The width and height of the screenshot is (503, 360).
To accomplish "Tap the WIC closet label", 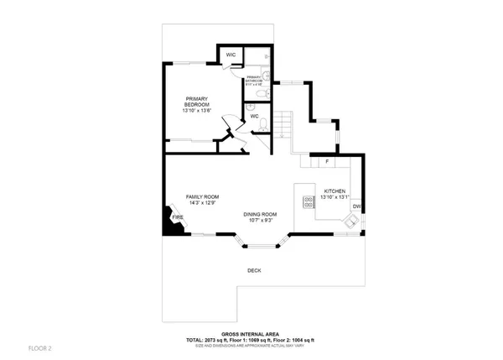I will click(x=230, y=55).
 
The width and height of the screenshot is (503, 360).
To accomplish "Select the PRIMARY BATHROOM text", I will click(x=253, y=80).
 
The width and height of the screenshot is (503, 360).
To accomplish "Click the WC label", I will click(x=254, y=116).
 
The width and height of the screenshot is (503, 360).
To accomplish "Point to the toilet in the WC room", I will click(x=263, y=125).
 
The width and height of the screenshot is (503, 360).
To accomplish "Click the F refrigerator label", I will click(x=326, y=160).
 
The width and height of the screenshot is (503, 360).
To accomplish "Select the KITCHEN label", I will click(x=334, y=190).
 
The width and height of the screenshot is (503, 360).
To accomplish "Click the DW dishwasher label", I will click(x=356, y=206).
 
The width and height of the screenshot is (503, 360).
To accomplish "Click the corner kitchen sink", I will click(x=351, y=222).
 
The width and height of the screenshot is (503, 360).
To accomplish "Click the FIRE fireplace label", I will click(x=178, y=217).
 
